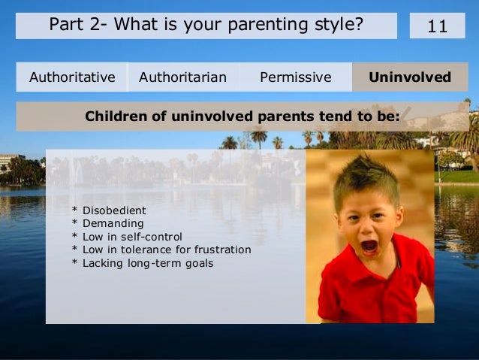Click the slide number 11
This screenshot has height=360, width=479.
[x=437, y=26]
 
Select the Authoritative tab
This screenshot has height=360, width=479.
[x=72, y=77]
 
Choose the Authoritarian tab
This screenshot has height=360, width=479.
[x=182, y=77]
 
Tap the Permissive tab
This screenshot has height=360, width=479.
[x=296, y=77]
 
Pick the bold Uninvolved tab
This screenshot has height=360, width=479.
[x=410, y=77]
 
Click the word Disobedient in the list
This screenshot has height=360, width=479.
[x=114, y=210]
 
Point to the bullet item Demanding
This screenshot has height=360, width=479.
[x=107, y=223]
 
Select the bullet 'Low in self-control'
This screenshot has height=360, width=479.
[x=127, y=237]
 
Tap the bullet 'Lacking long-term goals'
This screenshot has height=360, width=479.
[x=143, y=263]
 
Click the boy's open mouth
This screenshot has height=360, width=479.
[x=369, y=247]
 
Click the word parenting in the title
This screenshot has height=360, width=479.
[x=268, y=25]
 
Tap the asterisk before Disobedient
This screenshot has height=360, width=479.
[x=74, y=210]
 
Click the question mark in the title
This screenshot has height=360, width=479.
[x=358, y=24]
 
